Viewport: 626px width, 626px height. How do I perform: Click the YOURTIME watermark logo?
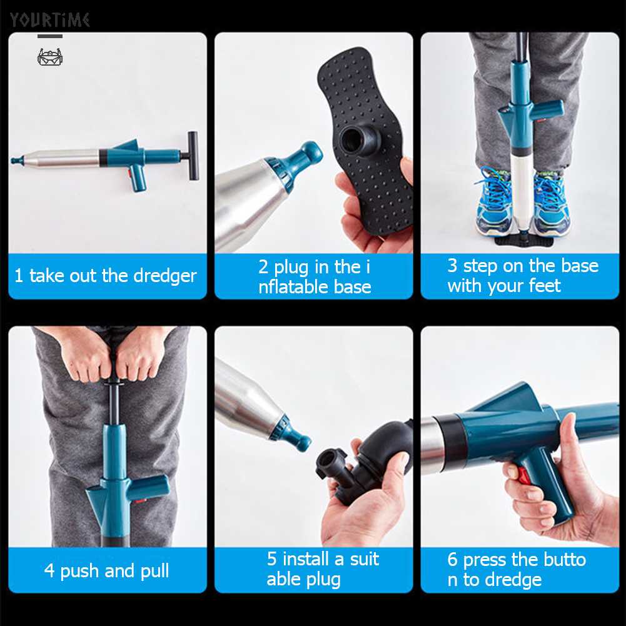coord(49,20)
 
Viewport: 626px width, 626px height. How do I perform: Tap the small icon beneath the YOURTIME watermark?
coord(50,58)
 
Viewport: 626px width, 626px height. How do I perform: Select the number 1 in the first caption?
coord(19,276)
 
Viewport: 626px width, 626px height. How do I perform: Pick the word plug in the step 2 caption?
coord(293,267)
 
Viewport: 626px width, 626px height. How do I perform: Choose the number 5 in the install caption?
coord(271,558)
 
